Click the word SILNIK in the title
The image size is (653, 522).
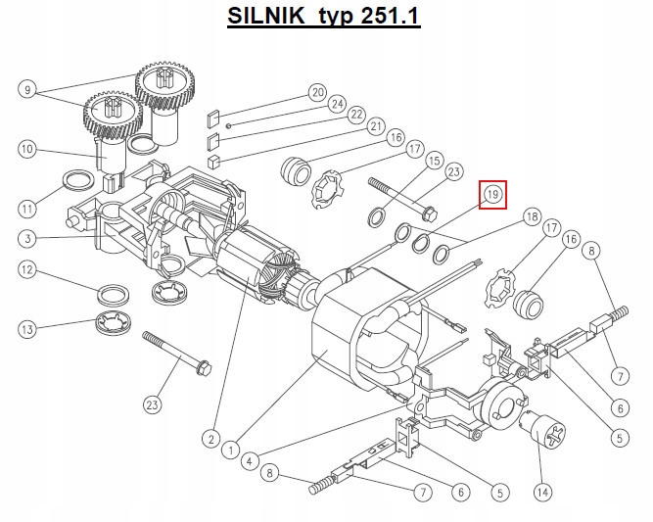coord(265,16)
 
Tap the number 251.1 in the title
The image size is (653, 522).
coord(390,16)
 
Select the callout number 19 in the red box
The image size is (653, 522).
coord(492,194)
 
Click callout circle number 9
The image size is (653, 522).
coord(27,89)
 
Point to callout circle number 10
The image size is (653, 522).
coord(27,149)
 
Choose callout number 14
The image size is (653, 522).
coord(542,493)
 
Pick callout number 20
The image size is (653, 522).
coord(318,92)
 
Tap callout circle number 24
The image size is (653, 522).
coord(337,104)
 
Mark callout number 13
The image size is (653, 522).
coord(27,329)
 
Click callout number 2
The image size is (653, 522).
coord(211,439)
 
